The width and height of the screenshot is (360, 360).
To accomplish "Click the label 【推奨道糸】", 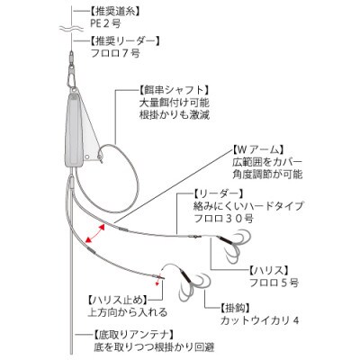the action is tap(115, 12).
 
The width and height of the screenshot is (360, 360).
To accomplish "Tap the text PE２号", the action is tap(105, 23).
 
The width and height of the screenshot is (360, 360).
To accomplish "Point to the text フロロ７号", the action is tap(115, 53).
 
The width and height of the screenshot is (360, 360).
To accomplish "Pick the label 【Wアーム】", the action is tap(257, 149).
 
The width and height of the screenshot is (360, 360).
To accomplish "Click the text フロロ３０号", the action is tap(224, 219).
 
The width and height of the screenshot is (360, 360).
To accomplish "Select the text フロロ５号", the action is tap(274, 283).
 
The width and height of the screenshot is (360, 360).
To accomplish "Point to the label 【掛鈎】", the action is tap(235, 308).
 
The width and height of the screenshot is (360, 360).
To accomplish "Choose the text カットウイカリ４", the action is tap(260, 320).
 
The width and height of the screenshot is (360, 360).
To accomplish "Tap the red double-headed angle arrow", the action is tap(94, 233).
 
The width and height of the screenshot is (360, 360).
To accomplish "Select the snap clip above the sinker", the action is tap(72, 78).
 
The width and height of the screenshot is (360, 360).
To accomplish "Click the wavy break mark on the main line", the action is tap(71, 29).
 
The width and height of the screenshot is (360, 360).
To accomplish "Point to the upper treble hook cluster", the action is tap(233, 246).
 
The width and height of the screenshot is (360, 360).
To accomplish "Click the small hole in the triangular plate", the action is tap(86, 157).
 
